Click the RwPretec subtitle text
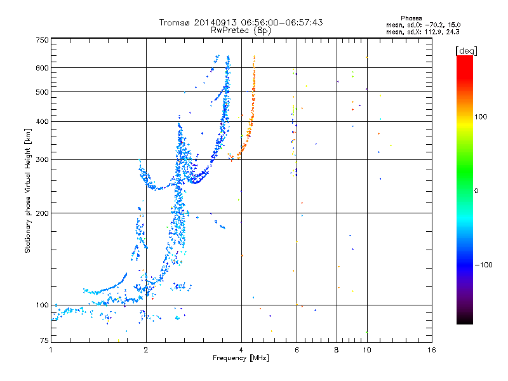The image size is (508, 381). [x=230, y=30]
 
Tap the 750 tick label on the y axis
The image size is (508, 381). [x=43, y=40]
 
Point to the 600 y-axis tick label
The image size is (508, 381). [x=43, y=68]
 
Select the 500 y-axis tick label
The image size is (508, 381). [x=43, y=92]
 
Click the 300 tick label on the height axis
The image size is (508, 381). [x=43, y=160]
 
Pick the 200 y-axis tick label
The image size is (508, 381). [x=43, y=213]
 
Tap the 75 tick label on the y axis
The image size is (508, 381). [x=44, y=340]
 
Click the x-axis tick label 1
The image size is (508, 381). [x=51, y=350]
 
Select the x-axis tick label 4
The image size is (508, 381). [x=241, y=350]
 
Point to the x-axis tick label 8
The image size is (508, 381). [x=337, y=350]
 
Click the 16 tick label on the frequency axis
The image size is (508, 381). [x=432, y=350]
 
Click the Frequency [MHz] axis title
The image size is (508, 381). [x=241, y=358]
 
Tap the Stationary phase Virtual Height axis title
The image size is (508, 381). [x=28, y=191]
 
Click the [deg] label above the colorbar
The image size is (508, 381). [x=466, y=51]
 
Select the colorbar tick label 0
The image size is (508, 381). [x=476, y=191]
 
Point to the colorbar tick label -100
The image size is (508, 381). [x=484, y=265]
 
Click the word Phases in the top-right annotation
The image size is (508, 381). [x=411, y=18]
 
